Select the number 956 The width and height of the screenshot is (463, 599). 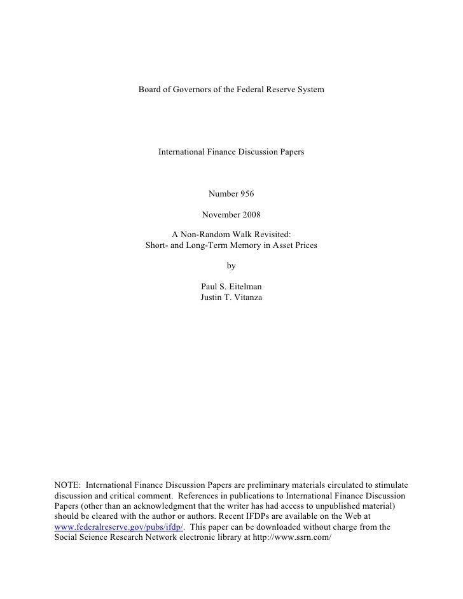(x=245, y=193)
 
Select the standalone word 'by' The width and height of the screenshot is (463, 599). (x=231, y=266)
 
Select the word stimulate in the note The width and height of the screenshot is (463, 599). (x=389, y=485)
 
